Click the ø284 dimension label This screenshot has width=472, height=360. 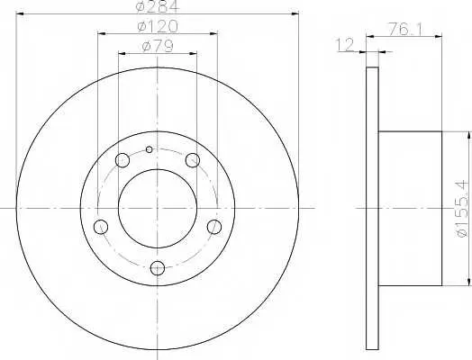pyautogui.click(x=158, y=6)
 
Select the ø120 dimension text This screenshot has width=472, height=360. pyautogui.click(x=158, y=26)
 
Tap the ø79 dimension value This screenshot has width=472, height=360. pyautogui.click(x=158, y=46)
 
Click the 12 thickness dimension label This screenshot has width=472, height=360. pyautogui.click(x=345, y=45)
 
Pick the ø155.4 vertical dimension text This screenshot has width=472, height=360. pyautogui.click(x=464, y=208)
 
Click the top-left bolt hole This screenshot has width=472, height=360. pyautogui.click(x=123, y=160)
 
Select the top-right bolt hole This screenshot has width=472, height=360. pyautogui.click(x=193, y=160)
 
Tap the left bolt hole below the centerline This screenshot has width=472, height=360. pyautogui.click(x=101, y=227)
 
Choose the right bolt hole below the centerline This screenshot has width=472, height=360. pyautogui.click(x=214, y=227)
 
